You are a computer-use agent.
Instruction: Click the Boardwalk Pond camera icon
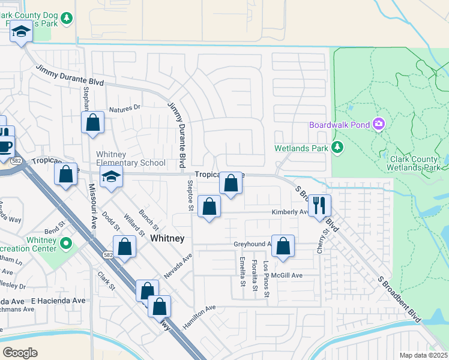(x=379, y=124)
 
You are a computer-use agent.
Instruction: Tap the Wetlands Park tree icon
(x=337, y=147)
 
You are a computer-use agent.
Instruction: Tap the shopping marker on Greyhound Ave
(x=283, y=246)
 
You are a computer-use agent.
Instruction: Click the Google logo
(x=20, y=353)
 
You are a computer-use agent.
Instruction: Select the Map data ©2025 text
(x=424, y=355)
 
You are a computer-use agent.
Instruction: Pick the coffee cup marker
(x=5, y=146)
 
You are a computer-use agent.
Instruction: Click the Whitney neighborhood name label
(x=167, y=238)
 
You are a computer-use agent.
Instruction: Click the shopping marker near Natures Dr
(x=93, y=122)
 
